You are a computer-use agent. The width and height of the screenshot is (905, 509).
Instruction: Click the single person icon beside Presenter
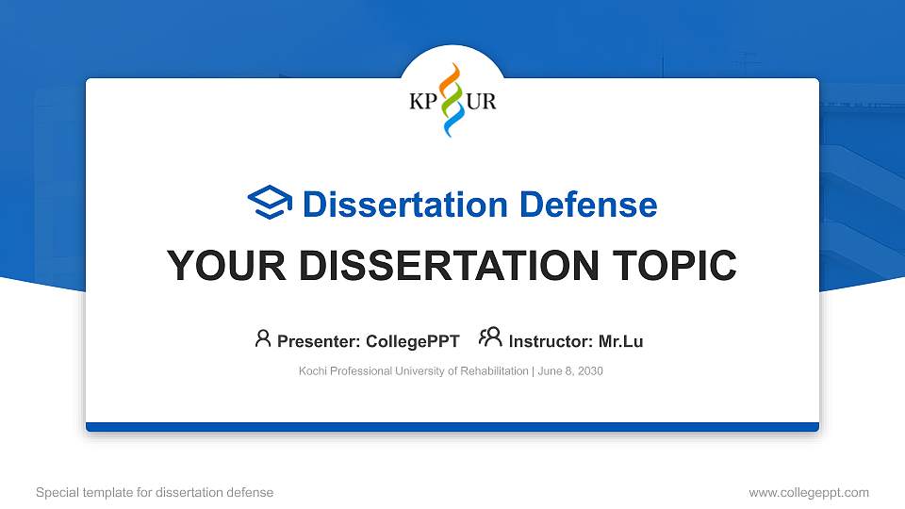(263, 339)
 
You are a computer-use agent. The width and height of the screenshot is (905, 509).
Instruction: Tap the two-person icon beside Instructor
(490, 338)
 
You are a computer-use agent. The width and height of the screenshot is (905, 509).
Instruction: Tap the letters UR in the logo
(482, 102)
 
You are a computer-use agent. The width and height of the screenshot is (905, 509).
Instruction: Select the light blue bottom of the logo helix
(452, 123)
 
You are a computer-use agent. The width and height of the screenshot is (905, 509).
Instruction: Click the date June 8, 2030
(570, 371)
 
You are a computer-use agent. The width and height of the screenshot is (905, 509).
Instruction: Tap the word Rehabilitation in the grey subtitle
(496, 371)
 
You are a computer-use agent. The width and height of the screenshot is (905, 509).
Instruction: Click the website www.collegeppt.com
(809, 492)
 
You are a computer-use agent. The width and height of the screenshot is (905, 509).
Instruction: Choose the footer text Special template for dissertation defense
(155, 492)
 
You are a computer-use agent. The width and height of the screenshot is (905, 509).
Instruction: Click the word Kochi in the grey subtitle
(313, 371)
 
